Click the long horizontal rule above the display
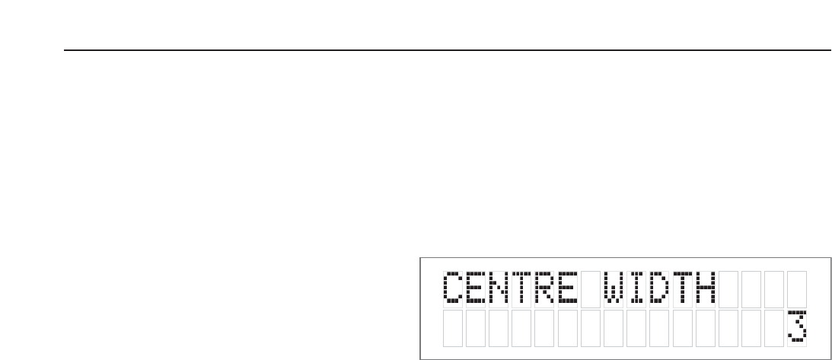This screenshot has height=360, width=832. tap(447, 51)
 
